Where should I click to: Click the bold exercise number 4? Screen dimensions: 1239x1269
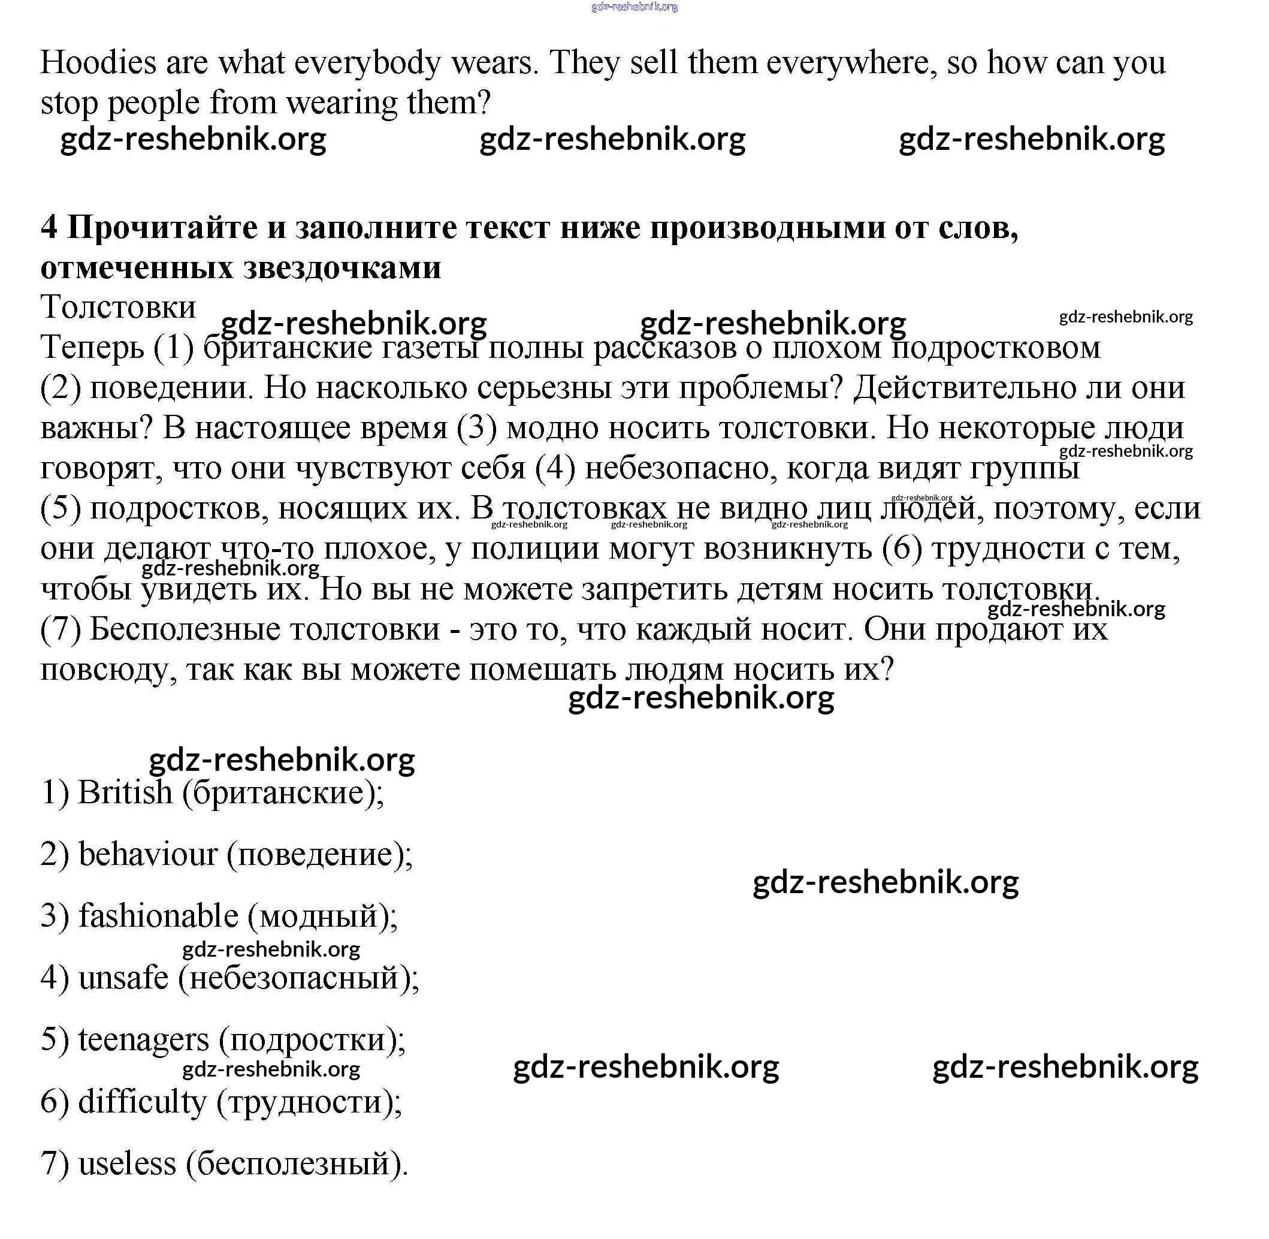tap(48, 227)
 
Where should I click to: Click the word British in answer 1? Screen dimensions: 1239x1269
tap(125, 792)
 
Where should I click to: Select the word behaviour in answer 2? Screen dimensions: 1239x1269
tap(147, 854)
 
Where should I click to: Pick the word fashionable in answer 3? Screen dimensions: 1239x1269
tap(158, 915)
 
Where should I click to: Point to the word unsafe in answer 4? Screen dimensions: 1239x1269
tap(123, 978)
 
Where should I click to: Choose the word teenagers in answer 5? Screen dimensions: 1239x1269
tap(143, 1039)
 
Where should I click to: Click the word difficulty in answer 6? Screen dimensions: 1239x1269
tap(142, 1101)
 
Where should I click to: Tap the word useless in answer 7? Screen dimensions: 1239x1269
tap(127, 1163)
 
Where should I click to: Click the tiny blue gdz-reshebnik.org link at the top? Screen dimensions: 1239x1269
tap(634, 7)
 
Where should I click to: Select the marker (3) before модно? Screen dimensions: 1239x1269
tap(477, 428)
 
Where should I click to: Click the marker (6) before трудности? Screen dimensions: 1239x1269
tap(902, 548)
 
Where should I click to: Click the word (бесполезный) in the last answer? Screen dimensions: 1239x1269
tap(297, 1163)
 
